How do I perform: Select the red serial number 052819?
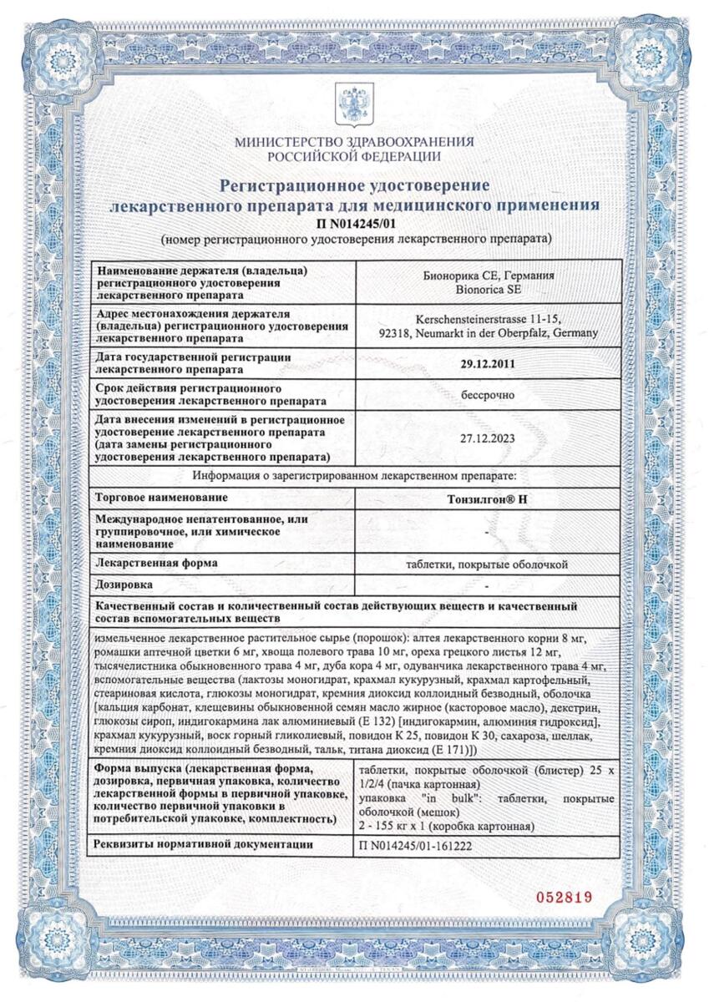point(563,897)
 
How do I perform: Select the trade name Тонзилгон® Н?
point(488,498)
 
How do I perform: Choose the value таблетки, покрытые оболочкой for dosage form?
point(488,564)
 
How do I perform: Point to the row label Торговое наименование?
point(161,498)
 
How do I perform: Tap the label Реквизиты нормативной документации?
point(204,845)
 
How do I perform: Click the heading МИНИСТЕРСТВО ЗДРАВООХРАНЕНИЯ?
point(355,142)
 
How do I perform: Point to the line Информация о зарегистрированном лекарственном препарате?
point(355,476)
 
